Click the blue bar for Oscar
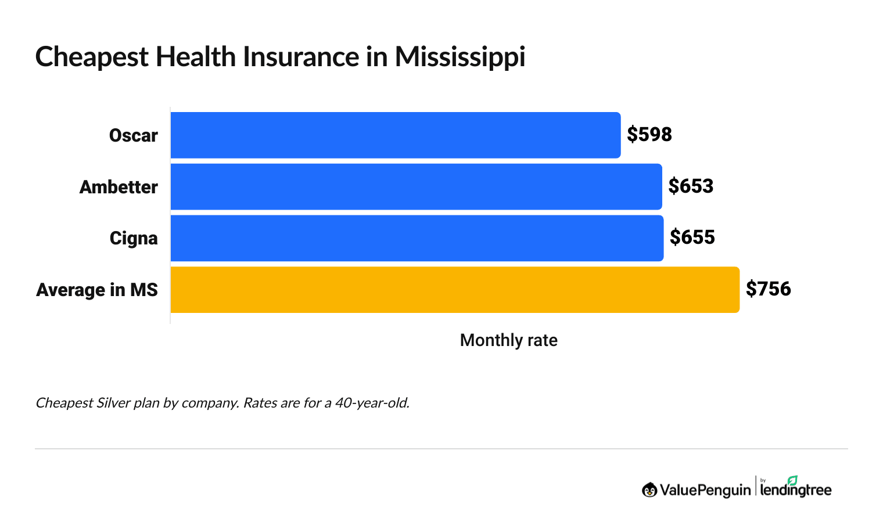(395, 135)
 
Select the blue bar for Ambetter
(416, 186)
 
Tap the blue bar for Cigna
(417, 238)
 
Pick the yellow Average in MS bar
(455, 290)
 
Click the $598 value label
(649, 135)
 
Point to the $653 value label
(691, 186)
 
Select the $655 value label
(692, 237)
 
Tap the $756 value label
(768, 289)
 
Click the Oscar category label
(133, 136)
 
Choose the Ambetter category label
(119, 188)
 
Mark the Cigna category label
(134, 239)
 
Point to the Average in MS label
(97, 290)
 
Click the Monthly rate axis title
(508, 340)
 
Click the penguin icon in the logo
(649, 490)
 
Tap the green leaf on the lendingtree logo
(792, 480)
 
